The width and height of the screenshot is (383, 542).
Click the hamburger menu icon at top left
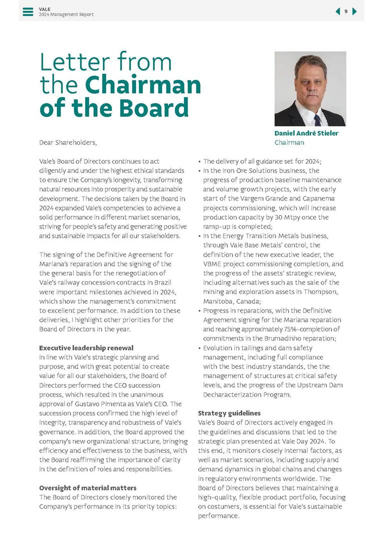[x=28, y=11]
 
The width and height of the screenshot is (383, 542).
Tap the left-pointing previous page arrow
[x=338, y=11]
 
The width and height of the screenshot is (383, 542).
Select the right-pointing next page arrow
[x=354, y=11]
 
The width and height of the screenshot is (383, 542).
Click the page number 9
[x=346, y=11]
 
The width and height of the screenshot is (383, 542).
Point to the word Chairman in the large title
[x=142, y=85]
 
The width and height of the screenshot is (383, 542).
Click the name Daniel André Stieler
[x=306, y=133]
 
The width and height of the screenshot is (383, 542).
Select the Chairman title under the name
[x=289, y=142]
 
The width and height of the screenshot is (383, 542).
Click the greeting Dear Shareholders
[x=67, y=142]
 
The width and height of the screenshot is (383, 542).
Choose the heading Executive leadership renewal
[x=86, y=347]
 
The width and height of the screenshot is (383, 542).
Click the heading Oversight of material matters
[x=87, y=487]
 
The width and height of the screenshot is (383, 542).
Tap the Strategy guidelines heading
[x=229, y=413]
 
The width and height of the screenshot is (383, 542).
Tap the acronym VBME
[x=213, y=264]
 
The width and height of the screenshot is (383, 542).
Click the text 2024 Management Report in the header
[x=66, y=14]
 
